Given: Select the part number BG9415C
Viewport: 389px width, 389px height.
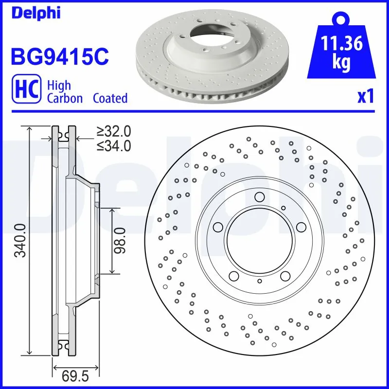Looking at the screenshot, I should pyautogui.click(x=59, y=56).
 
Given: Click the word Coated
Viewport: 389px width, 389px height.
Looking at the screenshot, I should pyautogui.click(x=110, y=98).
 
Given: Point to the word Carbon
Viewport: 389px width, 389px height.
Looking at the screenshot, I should pyautogui.click(x=65, y=98).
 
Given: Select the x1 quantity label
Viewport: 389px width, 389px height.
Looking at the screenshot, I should pyautogui.click(x=366, y=97).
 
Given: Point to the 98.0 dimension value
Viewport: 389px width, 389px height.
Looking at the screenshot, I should pyautogui.click(x=119, y=240).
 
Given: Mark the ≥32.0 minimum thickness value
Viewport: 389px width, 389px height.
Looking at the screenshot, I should pyautogui.click(x=113, y=131).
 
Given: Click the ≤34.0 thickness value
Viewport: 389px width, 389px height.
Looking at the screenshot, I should pyautogui.click(x=113, y=145).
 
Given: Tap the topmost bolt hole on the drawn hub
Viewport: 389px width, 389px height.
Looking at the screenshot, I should pyautogui.click(x=259, y=197).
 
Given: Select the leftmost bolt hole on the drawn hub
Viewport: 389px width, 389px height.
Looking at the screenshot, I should pyautogui.click(x=218, y=227).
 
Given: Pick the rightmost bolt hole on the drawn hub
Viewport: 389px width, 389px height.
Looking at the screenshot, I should pyautogui.click(x=301, y=227).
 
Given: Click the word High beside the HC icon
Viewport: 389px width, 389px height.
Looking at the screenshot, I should pyautogui.click(x=59, y=86).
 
